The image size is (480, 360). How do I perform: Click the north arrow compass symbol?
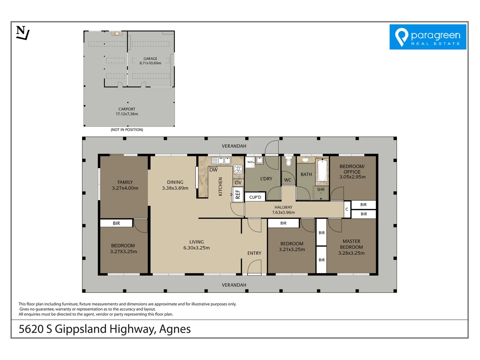point(23,33)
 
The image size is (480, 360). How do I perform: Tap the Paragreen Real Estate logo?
point(428,37)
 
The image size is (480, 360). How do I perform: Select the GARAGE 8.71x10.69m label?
point(150,61)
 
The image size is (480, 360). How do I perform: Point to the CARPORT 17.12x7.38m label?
point(127,111)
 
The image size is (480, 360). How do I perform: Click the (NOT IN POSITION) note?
point(127,130)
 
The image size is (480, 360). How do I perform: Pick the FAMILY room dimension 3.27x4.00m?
point(125,188)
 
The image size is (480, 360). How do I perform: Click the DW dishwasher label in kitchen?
point(213,170)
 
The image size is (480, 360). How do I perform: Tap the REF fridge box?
point(238,194)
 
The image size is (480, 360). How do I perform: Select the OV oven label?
point(238,183)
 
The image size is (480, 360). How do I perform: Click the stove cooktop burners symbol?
point(238,169)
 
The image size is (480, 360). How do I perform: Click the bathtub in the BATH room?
point(322,171)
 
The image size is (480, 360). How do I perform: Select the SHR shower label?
point(321,189)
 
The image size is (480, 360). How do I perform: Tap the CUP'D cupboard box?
point(255,197)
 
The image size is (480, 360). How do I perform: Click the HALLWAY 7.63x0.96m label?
point(283,210)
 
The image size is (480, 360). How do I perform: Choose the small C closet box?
point(347,209)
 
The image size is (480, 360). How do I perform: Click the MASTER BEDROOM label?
point(351,244)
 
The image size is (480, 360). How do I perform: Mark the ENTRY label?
point(254,253)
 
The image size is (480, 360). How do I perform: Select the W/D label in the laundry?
point(250,162)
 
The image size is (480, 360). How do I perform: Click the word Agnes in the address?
point(175,329)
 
